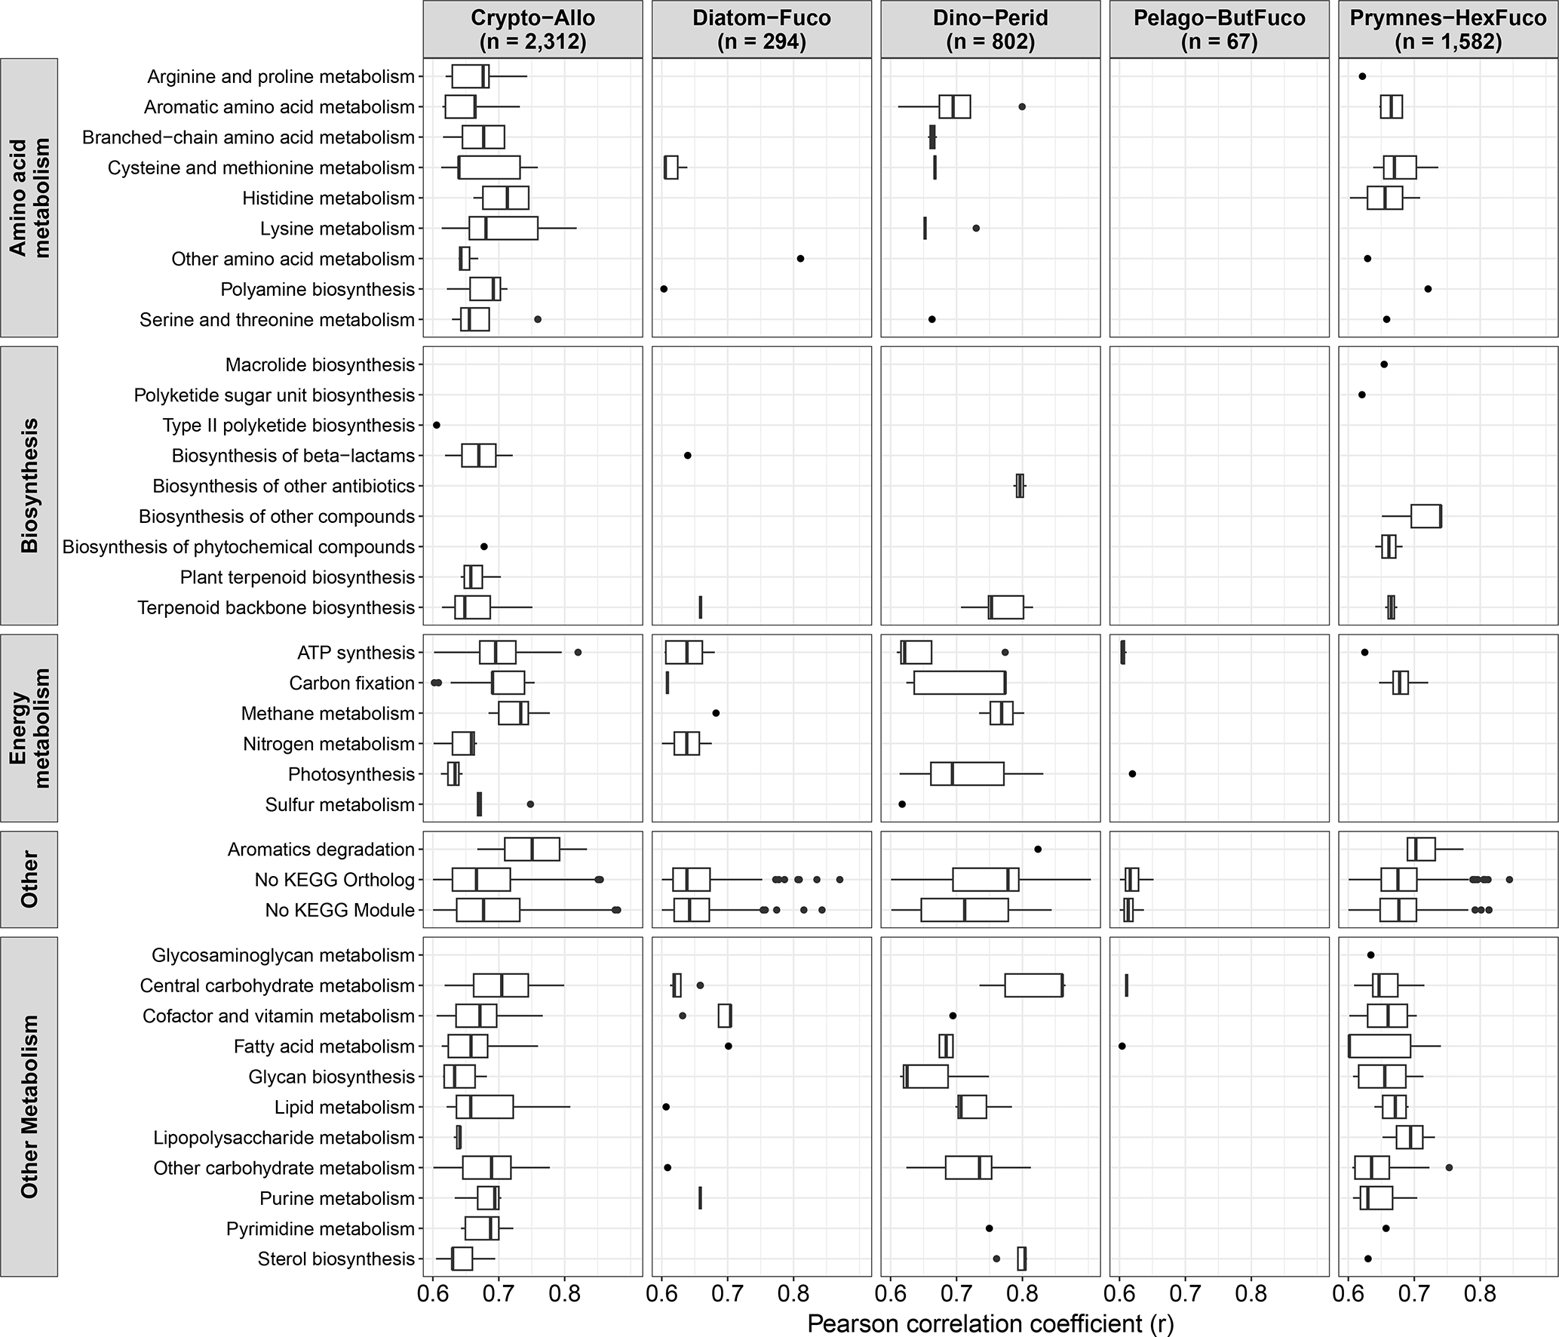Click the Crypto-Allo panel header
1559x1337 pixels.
(532, 29)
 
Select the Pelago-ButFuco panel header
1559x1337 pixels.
(1219, 29)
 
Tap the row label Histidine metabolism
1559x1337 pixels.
(328, 198)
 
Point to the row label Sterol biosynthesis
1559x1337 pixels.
(336, 1259)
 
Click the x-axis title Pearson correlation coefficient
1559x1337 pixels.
(990, 1323)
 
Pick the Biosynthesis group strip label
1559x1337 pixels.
(29, 485)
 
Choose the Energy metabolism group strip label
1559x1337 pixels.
(29, 728)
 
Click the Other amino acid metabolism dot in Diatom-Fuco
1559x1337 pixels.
(800, 259)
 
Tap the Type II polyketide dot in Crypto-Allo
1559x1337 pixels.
(436, 426)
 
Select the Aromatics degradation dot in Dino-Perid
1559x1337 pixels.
(1038, 850)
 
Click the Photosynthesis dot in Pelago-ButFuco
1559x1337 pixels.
(1132, 774)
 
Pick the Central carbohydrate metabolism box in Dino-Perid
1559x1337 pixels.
(1033, 985)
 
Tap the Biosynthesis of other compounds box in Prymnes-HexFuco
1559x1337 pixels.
(1426, 516)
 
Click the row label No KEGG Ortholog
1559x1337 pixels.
(335, 880)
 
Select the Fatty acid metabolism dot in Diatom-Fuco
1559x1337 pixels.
(728, 1046)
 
